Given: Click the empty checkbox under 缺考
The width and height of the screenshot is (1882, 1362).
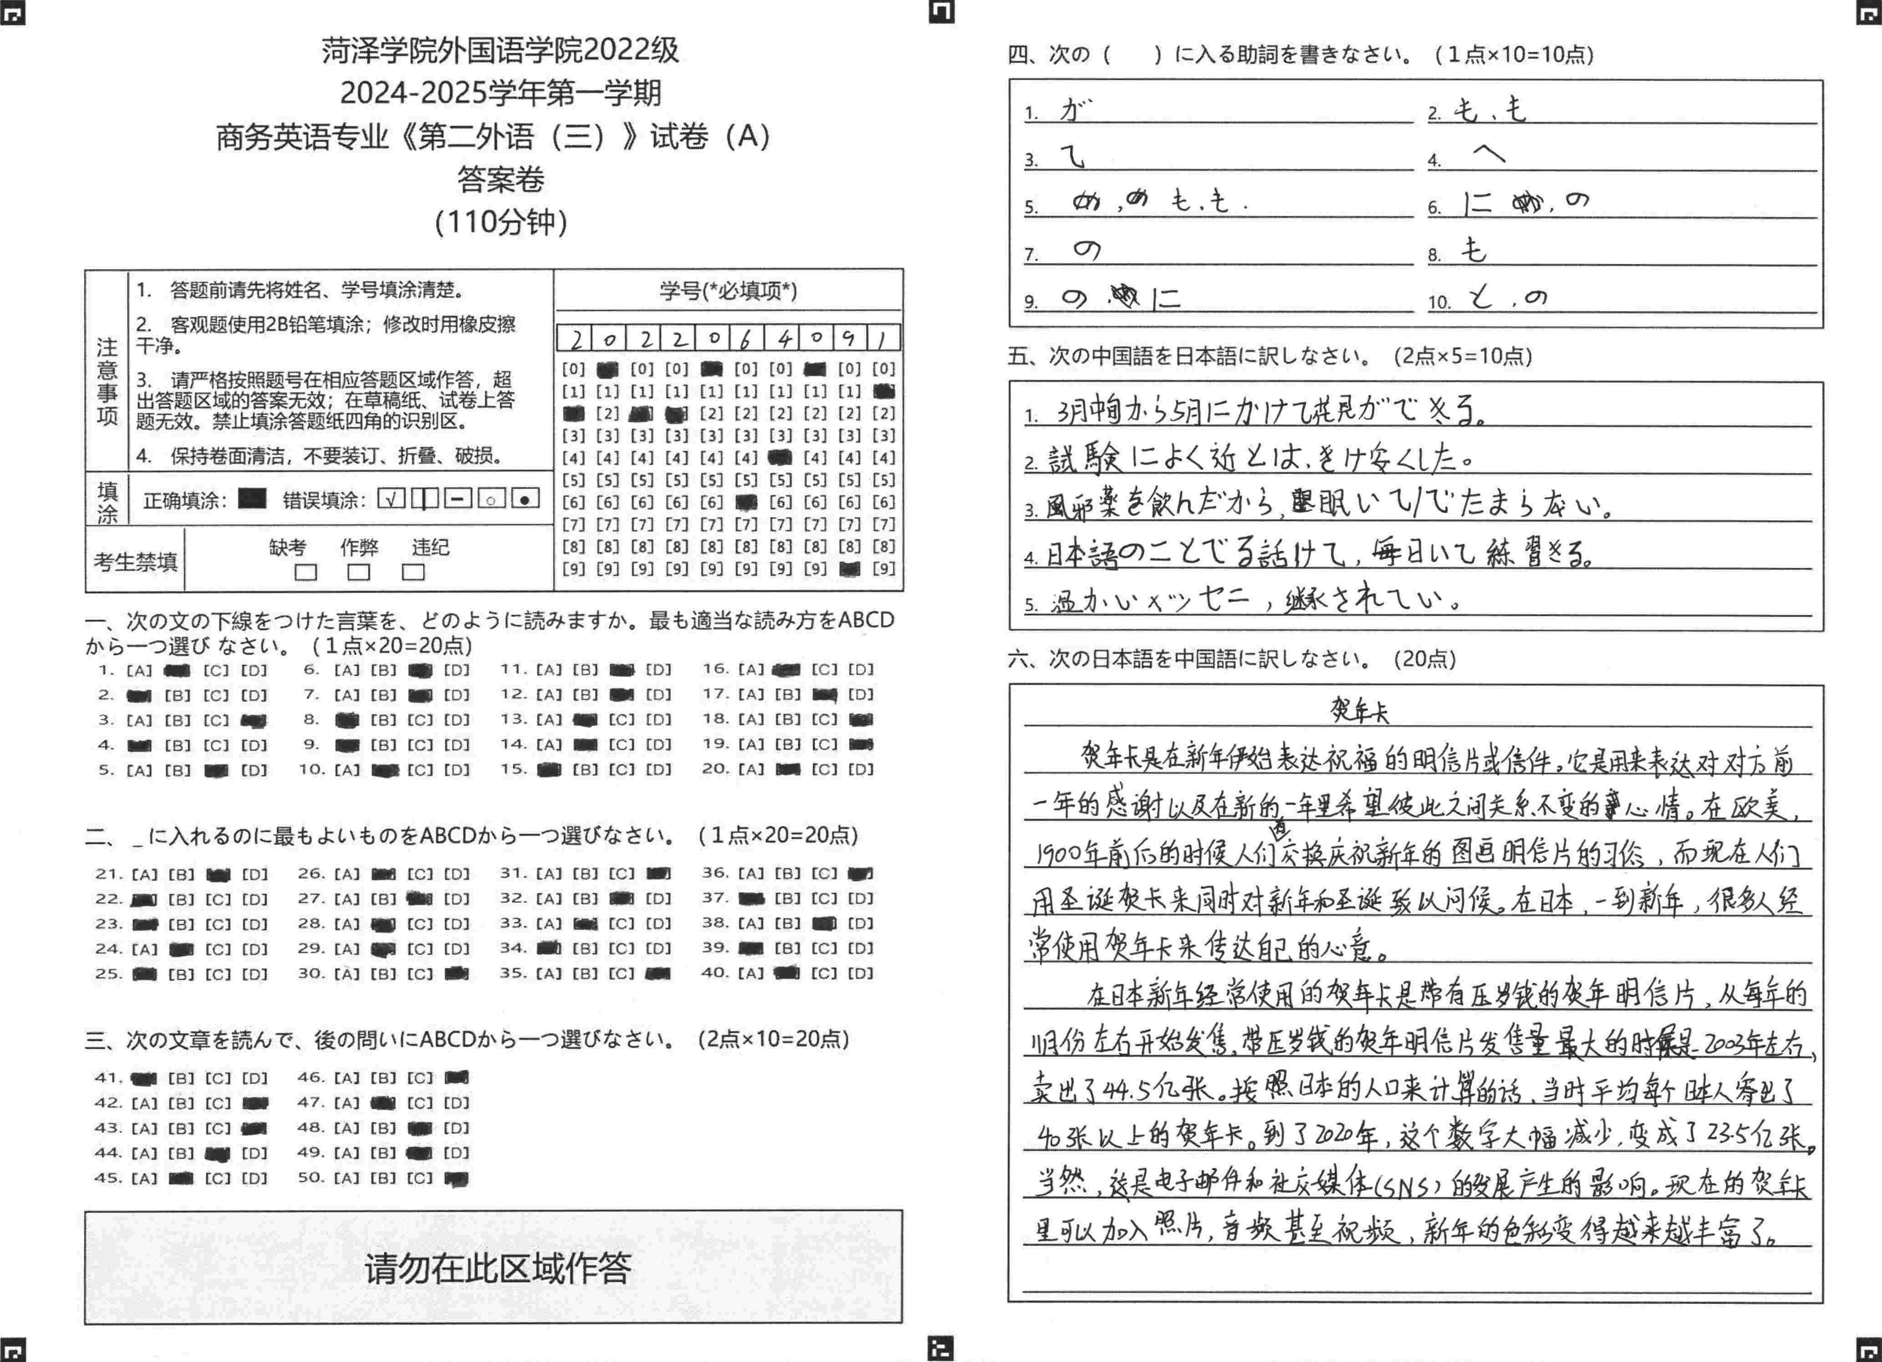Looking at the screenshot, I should [x=306, y=572].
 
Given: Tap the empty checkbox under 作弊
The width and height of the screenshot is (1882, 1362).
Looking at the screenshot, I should [x=358, y=572].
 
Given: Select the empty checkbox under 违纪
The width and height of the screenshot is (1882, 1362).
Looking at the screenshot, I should [x=413, y=572].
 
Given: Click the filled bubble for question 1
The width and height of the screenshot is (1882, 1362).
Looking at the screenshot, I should [x=177, y=670].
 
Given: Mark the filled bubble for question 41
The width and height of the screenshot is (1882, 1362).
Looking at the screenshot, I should [x=143, y=1078].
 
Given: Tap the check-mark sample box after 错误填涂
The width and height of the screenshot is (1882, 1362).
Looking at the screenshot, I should [x=391, y=498].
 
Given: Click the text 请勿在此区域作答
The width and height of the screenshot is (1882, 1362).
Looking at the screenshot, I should [x=497, y=1267].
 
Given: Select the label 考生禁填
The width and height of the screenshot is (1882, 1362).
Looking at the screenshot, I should [x=135, y=562].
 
